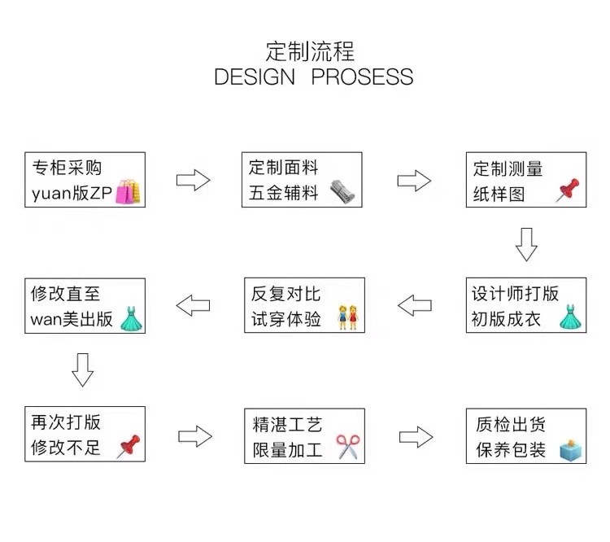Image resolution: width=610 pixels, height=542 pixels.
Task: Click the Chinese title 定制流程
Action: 310,51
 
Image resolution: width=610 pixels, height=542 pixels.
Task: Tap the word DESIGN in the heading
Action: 255,77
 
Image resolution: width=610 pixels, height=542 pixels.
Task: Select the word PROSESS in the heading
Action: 363,77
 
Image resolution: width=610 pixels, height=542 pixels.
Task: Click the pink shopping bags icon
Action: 128,192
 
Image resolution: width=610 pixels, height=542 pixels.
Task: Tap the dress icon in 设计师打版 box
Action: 569,317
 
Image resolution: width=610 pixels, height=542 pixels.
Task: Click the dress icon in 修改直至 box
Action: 130,317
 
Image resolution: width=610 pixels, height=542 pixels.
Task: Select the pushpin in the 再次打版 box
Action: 129,446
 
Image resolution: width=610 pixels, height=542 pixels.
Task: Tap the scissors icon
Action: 347,447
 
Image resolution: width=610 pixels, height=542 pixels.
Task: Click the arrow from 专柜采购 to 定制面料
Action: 193,180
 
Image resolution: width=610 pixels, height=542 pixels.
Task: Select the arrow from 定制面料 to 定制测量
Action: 414,180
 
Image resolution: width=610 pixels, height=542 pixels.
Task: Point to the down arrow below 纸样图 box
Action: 526,244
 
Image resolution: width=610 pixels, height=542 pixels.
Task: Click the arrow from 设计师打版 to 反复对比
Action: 414,306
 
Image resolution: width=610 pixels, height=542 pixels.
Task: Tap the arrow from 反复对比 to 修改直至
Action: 193,306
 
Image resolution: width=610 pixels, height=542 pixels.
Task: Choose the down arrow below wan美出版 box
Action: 83,370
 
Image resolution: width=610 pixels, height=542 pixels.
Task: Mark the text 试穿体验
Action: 286,318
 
